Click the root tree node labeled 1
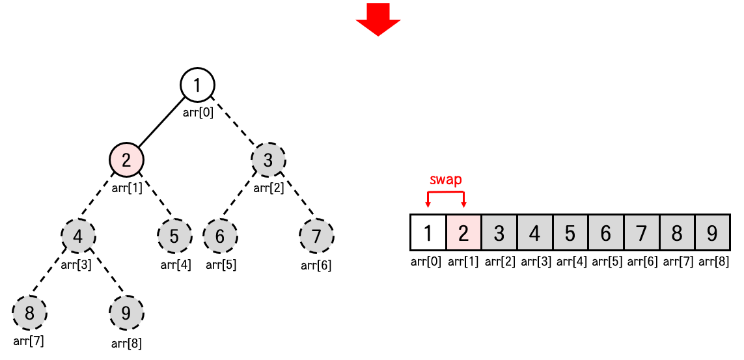pos(197,85)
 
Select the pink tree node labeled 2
pos(126,159)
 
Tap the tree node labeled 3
pos(269,159)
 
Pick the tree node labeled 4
pos(79,236)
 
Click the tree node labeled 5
pos(174,236)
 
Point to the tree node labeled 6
pos(220,236)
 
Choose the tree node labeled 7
pos(316,236)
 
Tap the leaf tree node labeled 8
pos(30,313)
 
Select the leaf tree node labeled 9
pos(126,313)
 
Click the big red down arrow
pos(378,20)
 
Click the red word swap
pos(445,179)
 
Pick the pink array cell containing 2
pos(463,232)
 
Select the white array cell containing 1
pos(428,232)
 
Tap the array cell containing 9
pos(712,232)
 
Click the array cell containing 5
pos(570,232)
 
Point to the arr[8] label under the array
pos(713,262)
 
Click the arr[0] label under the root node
pos(198,113)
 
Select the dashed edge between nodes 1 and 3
pos(234,122)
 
